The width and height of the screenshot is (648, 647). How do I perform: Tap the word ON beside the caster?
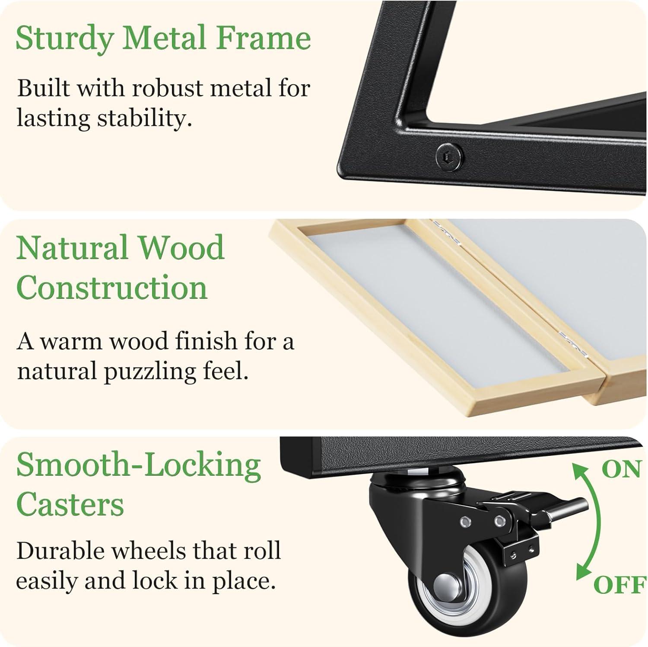[x=621, y=469]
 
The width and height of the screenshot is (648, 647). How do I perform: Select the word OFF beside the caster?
[x=619, y=585]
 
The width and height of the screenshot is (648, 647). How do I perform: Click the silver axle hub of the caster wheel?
[x=448, y=586]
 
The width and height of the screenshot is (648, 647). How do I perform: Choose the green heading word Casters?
[x=70, y=504]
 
